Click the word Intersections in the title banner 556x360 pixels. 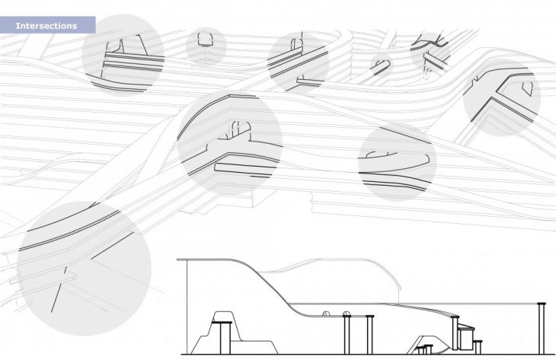(46, 26)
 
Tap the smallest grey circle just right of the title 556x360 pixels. (206, 45)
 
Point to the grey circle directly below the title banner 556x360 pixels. (123, 55)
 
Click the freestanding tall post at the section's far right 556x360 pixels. (542, 327)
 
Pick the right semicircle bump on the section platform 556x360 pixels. (347, 312)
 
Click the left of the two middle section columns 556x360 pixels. (347, 335)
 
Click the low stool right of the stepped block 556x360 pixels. (478, 347)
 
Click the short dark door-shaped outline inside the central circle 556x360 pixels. (235, 129)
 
